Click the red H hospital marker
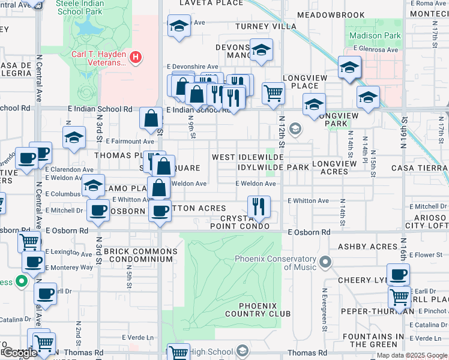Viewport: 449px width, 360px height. pyautogui.click(x=136, y=58)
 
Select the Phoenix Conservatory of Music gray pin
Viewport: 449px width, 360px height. pyautogui.click(x=325, y=262)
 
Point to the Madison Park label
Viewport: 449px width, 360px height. pyautogui.click(x=375, y=35)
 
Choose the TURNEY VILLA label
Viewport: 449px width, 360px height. pyautogui.click(x=265, y=26)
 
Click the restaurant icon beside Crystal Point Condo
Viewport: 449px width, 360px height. pyautogui.click(x=259, y=206)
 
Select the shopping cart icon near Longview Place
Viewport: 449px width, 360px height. pyautogui.click(x=273, y=93)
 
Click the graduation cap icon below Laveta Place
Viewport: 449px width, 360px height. pyautogui.click(x=178, y=26)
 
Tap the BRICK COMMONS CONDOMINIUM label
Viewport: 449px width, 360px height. pyautogui.click(x=140, y=255)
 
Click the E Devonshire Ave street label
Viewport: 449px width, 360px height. pyautogui.click(x=196, y=67)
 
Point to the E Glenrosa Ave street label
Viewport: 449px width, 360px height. pyautogui.click(x=376, y=50)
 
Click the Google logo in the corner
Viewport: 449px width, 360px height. pyautogui.click(x=19, y=353)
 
